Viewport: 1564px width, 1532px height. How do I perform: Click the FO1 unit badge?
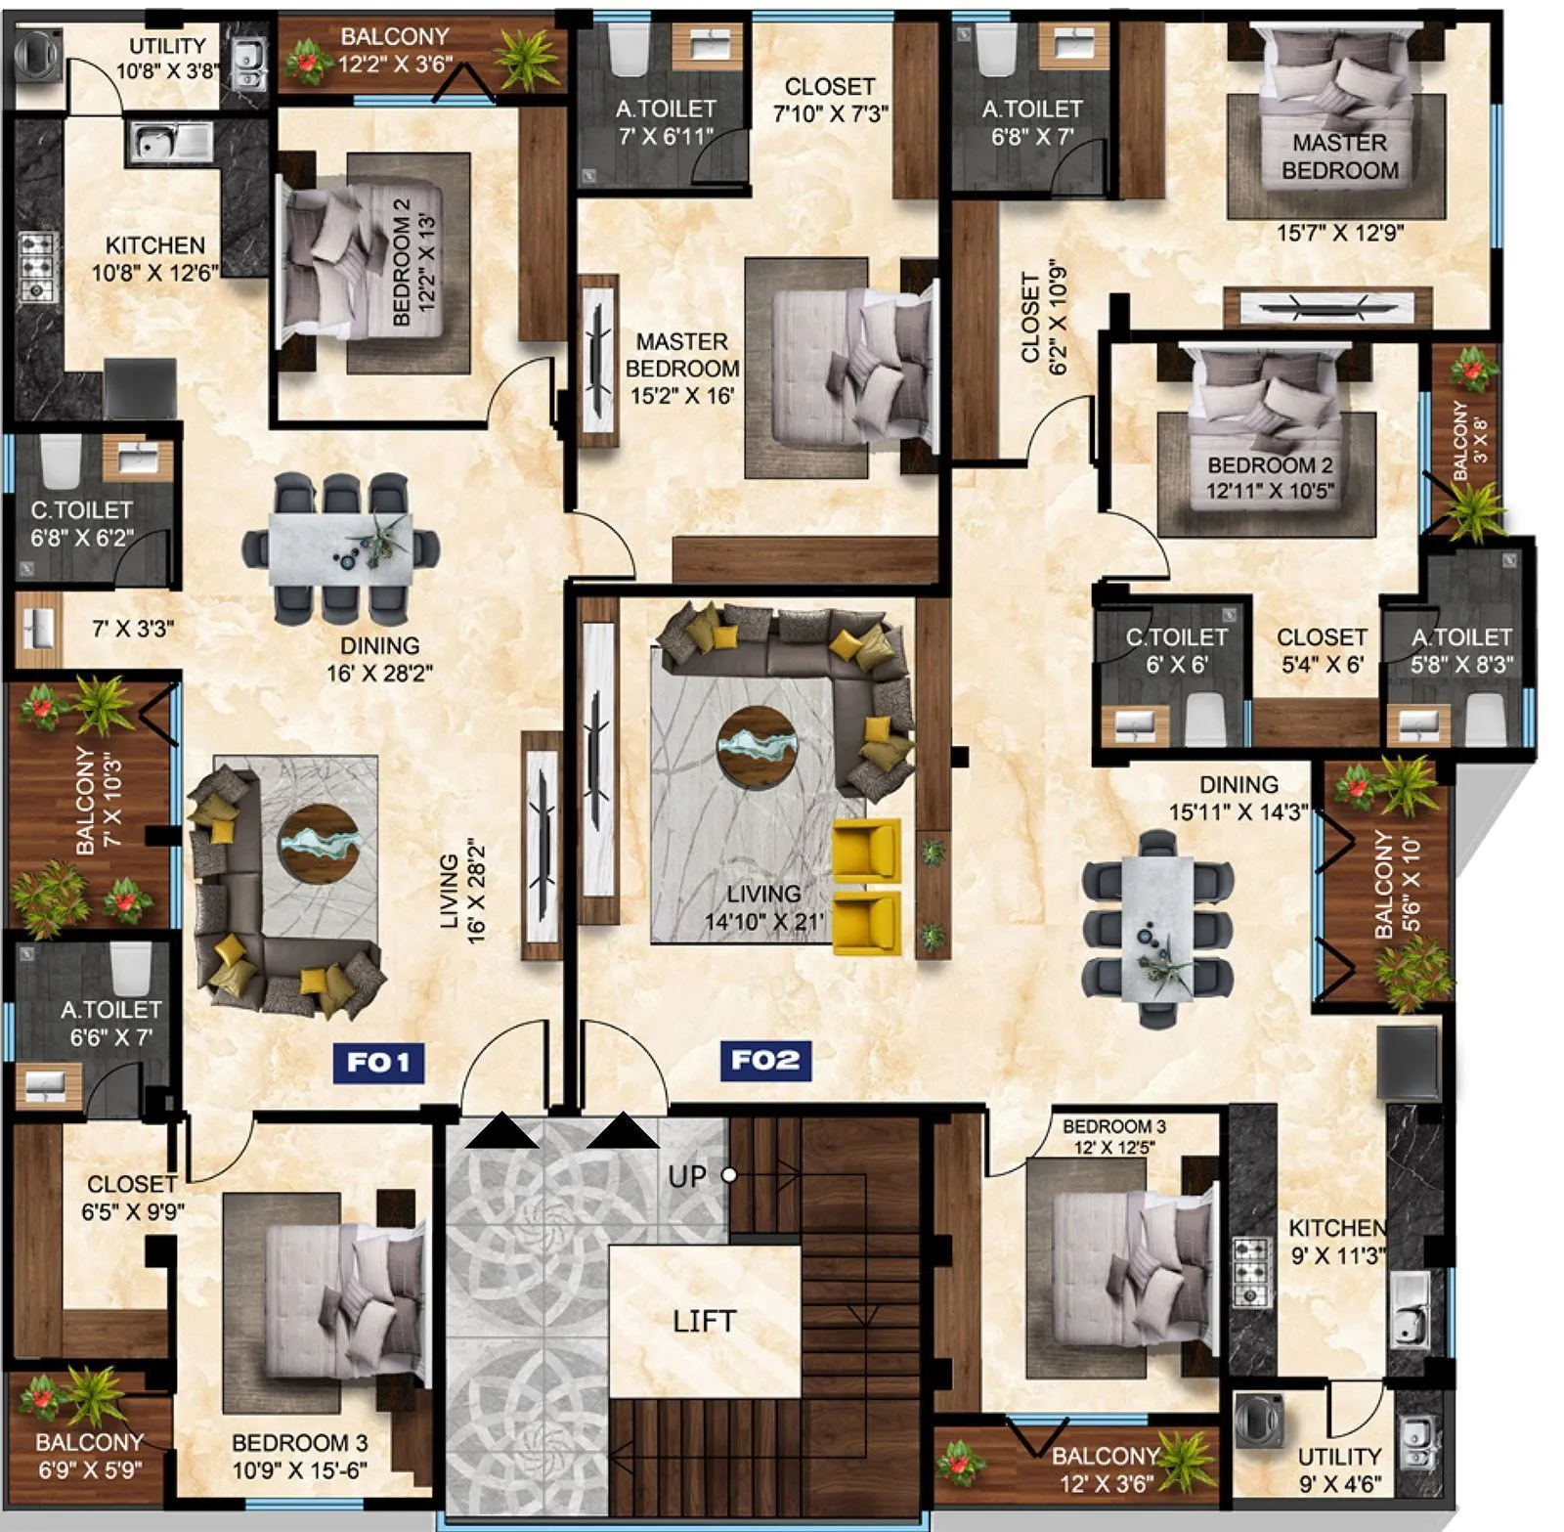[x=378, y=1062]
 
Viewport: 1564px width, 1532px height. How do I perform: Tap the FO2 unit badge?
[x=765, y=1060]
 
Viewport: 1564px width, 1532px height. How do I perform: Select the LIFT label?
[x=704, y=1322]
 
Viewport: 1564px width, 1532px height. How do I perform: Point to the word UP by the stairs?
[x=686, y=1176]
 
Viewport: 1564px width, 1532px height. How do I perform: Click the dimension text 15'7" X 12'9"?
[x=1339, y=233]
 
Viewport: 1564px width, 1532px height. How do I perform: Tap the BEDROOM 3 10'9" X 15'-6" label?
[x=299, y=1456]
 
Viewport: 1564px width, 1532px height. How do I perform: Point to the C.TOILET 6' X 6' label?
[x=1176, y=650]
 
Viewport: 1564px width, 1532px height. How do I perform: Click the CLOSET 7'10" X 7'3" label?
[x=830, y=100]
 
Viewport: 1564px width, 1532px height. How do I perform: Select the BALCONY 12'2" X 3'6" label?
[x=394, y=50]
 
